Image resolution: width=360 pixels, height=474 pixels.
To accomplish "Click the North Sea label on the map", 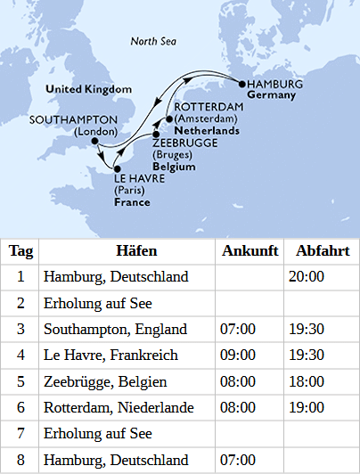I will [x=152, y=41].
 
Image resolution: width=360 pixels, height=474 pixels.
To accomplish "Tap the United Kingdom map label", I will [x=89, y=89].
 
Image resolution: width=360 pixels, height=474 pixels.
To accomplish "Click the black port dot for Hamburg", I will [x=241, y=83].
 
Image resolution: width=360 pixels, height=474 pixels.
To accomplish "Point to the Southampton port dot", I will [x=94, y=141].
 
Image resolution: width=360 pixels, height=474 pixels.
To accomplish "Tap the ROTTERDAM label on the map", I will [x=204, y=107].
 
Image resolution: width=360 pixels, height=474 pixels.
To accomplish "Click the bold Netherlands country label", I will [x=207, y=130].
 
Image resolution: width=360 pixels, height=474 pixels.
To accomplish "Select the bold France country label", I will [x=131, y=202].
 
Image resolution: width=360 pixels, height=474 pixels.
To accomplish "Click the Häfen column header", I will [x=127, y=250].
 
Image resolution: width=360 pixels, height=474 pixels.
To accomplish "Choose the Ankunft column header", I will [x=250, y=250].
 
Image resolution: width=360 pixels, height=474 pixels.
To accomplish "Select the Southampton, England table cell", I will [x=115, y=329].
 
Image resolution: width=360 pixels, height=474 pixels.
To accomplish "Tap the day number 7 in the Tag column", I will [x=20, y=434].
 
